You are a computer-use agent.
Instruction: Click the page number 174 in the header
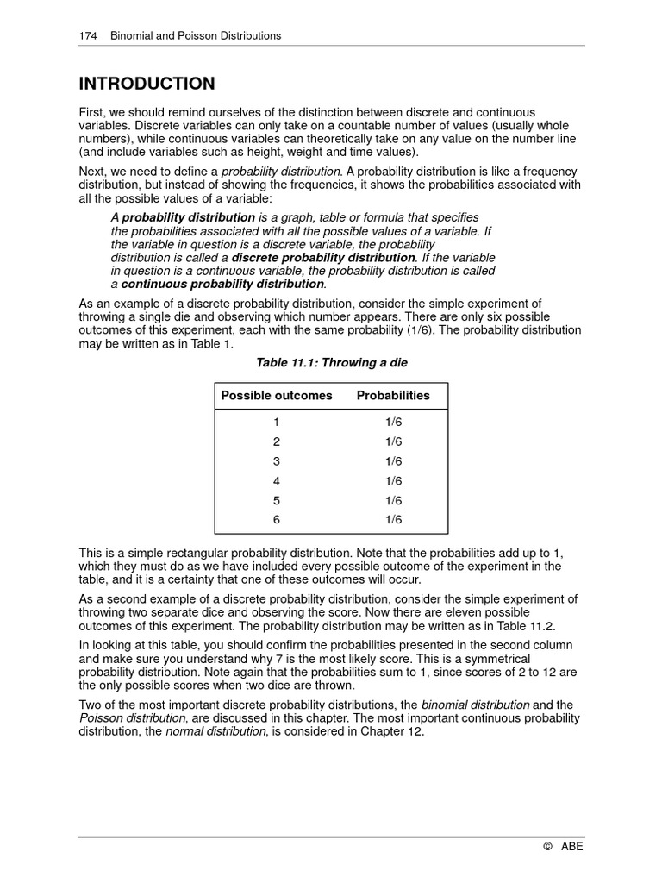[x=87, y=36]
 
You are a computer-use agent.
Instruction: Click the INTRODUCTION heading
[x=147, y=84]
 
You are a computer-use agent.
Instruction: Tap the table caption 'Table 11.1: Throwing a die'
[x=331, y=363]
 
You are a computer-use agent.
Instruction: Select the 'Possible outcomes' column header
[x=277, y=396]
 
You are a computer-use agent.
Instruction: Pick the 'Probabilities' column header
[x=393, y=396]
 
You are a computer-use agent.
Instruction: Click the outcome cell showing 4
[x=277, y=480]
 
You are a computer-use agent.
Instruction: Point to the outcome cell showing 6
[x=277, y=519]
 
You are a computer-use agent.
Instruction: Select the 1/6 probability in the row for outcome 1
[x=393, y=422]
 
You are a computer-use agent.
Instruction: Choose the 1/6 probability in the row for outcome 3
[x=393, y=460]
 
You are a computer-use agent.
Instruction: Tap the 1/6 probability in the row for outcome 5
[x=393, y=500]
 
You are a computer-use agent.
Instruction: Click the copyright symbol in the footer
[x=547, y=847]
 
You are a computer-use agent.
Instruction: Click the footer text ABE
[x=572, y=847]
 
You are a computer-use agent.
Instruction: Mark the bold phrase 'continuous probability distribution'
[x=222, y=284]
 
